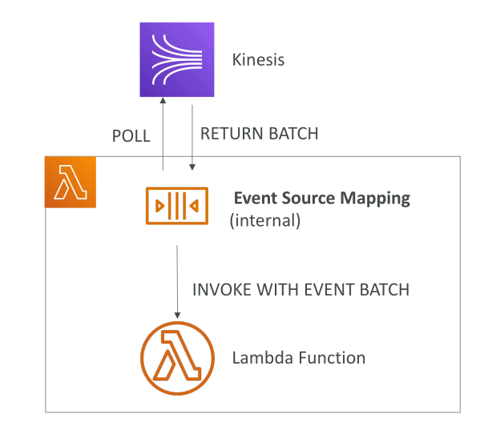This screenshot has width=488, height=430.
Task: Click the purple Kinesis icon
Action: tap(177, 59)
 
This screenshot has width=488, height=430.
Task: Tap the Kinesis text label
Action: tap(258, 60)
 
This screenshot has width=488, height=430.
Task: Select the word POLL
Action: tap(131, 136)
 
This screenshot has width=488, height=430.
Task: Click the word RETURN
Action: tap(232, 134)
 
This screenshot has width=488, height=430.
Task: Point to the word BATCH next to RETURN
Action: tap(293, 134)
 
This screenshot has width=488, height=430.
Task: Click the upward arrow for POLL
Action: tap(163, 134)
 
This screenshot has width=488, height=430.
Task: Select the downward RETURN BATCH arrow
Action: tap(192, 138)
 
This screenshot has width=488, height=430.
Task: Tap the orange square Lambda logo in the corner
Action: tap(71, 183)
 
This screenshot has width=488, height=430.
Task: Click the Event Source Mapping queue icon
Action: tap(177, 206)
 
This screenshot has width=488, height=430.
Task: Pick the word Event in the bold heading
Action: tap(255, 198)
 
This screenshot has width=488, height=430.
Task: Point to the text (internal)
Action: tap(265, 220)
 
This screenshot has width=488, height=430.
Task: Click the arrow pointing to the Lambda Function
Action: tap(177, 282)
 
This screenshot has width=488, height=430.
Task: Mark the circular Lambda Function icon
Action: tap(177, 358)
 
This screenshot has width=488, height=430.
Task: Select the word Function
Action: tap(332, 358)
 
